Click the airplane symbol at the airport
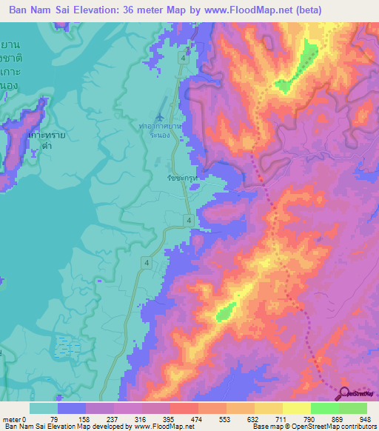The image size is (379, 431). coord(161,116)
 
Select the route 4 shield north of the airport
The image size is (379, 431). coord(181,57)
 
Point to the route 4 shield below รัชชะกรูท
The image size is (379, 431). coord(189,221)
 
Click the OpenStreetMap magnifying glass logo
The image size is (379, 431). coord(346,393)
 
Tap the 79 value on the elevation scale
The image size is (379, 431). coord(58,419)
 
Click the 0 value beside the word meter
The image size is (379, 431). coord(24,419)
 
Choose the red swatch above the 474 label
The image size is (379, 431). coord(184,408)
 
